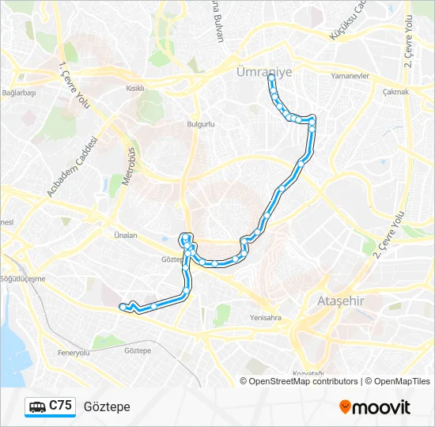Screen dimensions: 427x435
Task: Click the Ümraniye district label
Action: pyautogui.click(x=264, y=72)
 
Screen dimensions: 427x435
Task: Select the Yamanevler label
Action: pyautogui.click(x=350, y=77)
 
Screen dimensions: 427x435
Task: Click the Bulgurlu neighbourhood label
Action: pyautogui.click(x=201, y=124)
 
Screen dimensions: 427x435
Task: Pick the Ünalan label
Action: pyautogui.click(x=126, y=235)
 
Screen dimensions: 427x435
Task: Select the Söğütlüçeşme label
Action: pyautogui.click(x=24, y=278)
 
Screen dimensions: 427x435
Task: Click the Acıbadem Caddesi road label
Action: pyautogui.click(x=71, y=166)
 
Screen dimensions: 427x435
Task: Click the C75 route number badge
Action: pyautogui.click(x=61, y=406)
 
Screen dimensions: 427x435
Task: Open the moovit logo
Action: pyautogui.click(x=375, y=407)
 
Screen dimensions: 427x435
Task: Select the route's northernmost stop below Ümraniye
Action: pyautogui.click(x=270, y=77)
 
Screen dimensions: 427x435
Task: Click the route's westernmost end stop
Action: pyautogui.click(x=122, y=306)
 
